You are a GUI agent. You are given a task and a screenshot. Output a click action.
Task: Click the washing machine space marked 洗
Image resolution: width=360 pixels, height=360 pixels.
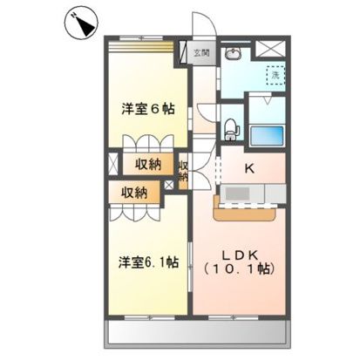coord(273,76)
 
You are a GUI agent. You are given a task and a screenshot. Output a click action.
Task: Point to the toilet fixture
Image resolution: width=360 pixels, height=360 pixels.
coord(230,131)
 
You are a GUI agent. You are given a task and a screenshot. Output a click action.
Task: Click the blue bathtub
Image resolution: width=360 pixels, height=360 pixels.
coord(268,136)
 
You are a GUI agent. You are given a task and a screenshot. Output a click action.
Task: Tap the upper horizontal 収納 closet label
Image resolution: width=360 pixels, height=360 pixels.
coord(147,164)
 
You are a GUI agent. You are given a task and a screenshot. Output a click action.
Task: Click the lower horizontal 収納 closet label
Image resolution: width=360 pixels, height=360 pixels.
coord(134,192)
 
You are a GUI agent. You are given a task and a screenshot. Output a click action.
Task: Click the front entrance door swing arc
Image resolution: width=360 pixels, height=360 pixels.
coord(201,26)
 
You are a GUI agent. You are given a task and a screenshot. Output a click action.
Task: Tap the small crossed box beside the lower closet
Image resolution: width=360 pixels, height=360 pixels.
coord(168,186)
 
